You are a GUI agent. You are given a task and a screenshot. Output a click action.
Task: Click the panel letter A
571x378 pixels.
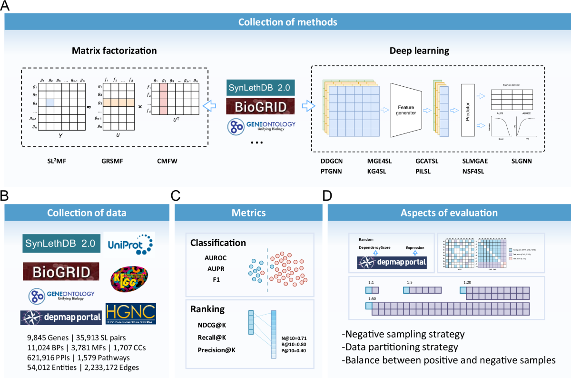[7, 6]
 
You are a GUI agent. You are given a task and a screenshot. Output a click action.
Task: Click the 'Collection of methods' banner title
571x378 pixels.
[288, 22]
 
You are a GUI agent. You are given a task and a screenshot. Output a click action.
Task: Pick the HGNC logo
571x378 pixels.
[131, 313]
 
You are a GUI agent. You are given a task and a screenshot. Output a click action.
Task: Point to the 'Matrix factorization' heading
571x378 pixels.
[114, 50]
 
